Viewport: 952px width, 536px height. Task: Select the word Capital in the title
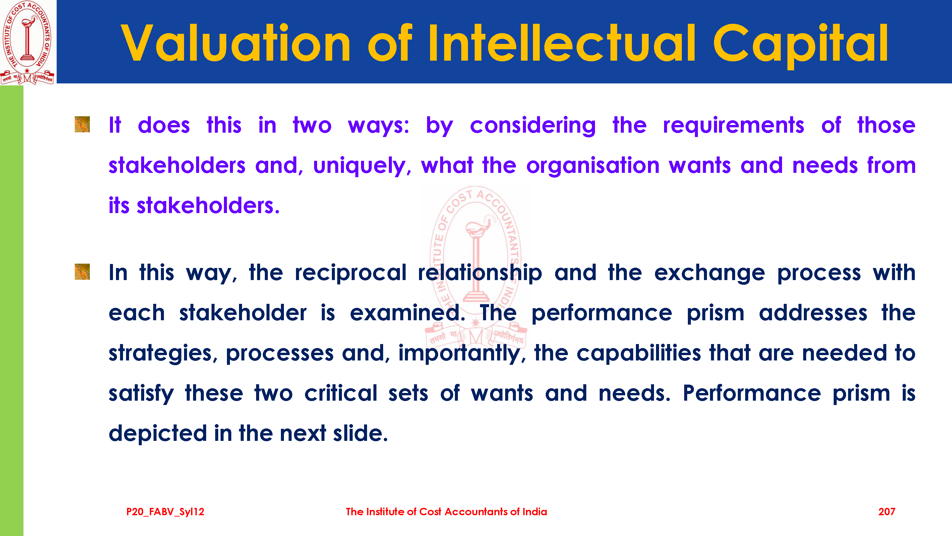click(800, 45)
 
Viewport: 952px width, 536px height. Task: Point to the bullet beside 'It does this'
click(82, 124)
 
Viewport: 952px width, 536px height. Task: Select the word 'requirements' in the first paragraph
click(733, 126)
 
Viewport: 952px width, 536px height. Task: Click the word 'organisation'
click(593, 166)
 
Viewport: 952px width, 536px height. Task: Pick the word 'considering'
click(533, 126)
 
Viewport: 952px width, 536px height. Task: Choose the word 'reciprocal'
click(350, 273)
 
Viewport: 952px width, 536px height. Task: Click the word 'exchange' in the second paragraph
click(709, 273)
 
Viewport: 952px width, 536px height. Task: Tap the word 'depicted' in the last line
click(158, 434)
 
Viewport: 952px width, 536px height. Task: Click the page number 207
click(887, 512)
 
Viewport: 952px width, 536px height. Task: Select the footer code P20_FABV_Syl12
click(165, 512)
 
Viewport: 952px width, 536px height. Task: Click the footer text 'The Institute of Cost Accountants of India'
click(447, 512)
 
